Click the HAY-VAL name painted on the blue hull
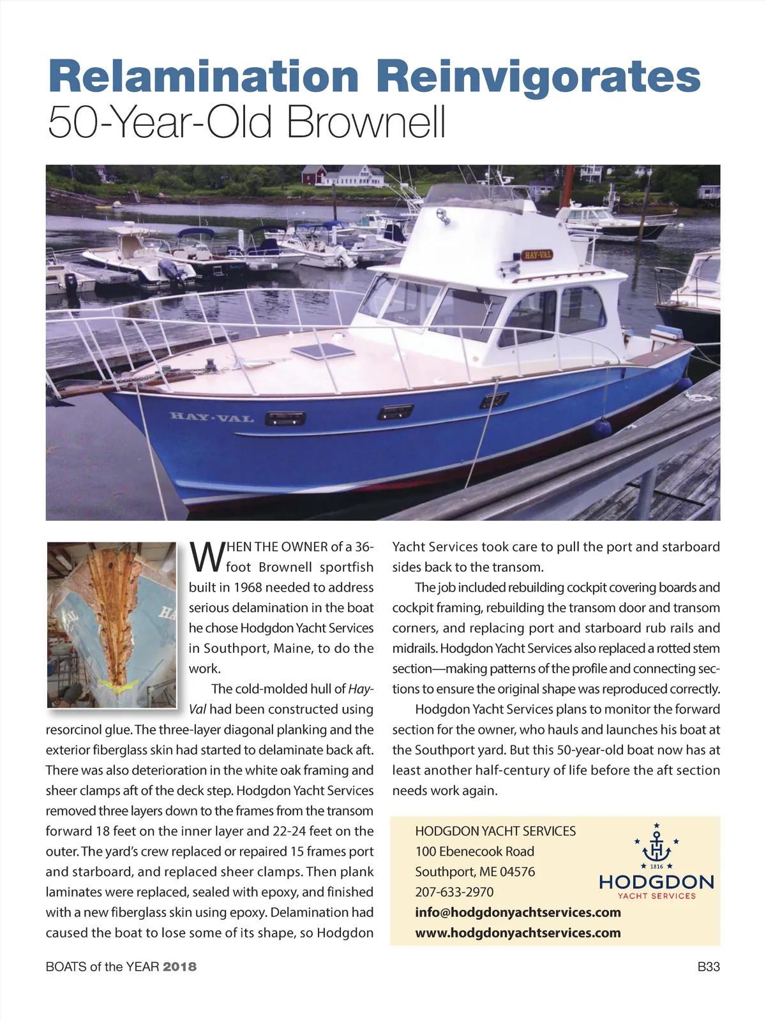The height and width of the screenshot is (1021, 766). click(x=212, y=417)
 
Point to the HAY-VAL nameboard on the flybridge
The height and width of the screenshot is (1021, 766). click(x=537, y=255)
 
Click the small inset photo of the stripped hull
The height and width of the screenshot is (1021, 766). click(x=112, y=625)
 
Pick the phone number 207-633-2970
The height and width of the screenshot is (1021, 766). click(x=454, y=892)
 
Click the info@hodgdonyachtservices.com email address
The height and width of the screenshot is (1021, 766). click(x=518, y=913)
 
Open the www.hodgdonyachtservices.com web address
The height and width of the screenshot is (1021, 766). click(x=518, y=933)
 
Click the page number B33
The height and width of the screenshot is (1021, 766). click(x=709, y=967)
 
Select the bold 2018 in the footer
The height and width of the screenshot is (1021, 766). click(x=179, y=967)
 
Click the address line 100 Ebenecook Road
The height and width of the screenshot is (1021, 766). click(x=474, y=851)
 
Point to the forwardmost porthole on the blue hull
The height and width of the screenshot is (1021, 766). click(x=285, y=419)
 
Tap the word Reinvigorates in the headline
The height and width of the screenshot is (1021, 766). click(x=538, y=76)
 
